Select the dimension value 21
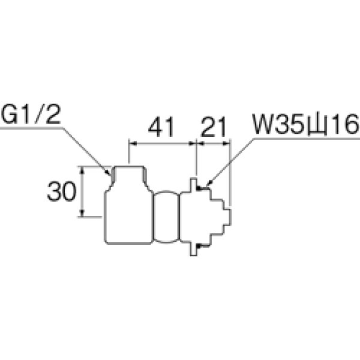(x=213, y=127)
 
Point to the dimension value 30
(x=61, y=192)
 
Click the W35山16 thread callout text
(x=304, y=127)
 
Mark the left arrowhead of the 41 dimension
(x=133, y=143)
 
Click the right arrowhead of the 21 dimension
(x=227, y=143)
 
